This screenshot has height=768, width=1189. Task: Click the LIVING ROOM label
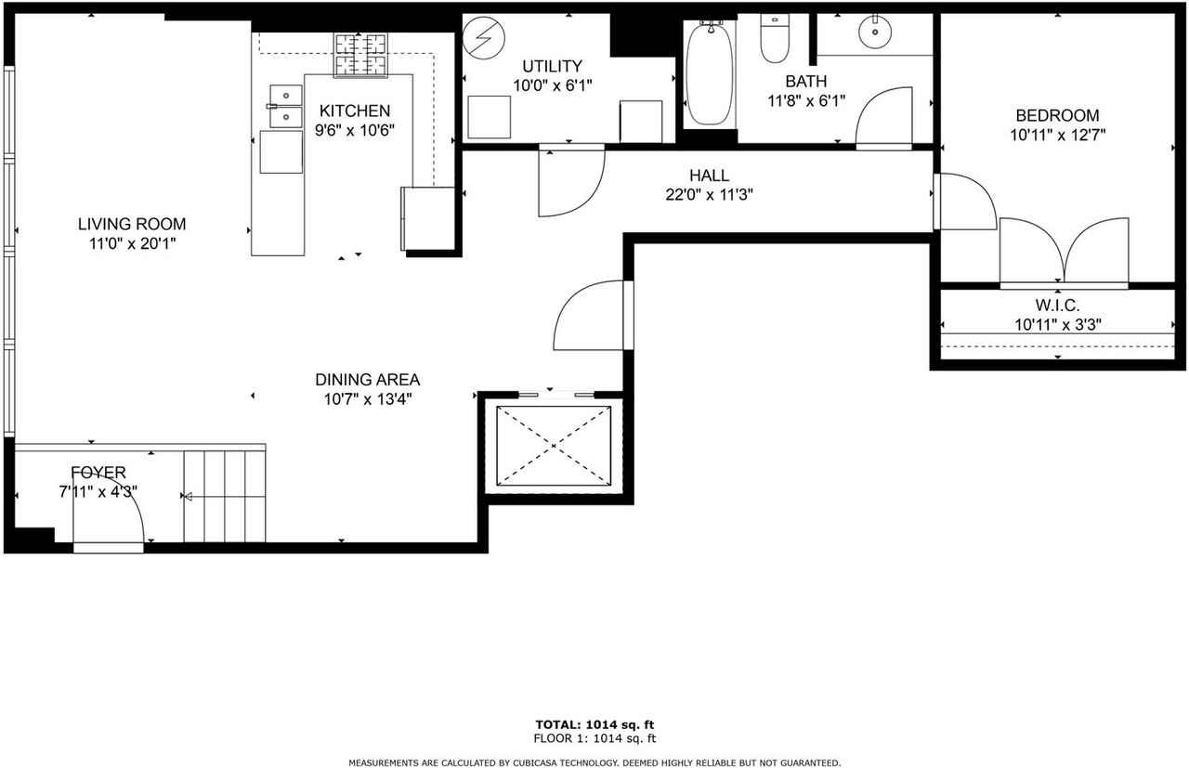131,224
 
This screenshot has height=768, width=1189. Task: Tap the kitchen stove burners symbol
360,55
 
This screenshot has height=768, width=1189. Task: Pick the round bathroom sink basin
874,33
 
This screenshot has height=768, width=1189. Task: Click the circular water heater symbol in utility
482,38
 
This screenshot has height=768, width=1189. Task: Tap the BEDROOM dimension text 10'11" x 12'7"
1057,135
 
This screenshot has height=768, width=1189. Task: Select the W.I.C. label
1057,306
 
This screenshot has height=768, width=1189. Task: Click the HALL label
709,176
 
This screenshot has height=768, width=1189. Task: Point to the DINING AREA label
367,380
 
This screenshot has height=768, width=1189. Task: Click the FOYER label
98,473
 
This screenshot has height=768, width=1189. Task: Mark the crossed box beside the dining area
554,445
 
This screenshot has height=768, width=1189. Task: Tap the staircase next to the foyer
225,496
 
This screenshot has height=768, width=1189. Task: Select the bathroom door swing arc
883,115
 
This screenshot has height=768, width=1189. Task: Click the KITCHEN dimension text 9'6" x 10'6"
354,131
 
